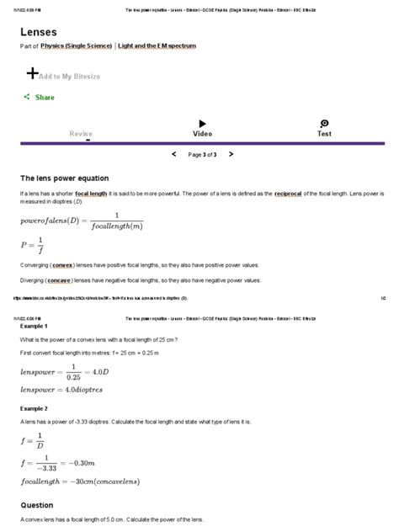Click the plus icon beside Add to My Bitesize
click(x=33, y=72)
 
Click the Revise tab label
click(x=81, y=134)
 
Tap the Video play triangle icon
click(x=202, y=124)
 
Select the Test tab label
click(x=324, y=134)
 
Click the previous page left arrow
click(x=174, y=155)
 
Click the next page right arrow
click(x=231, y=155)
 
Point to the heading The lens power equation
click(x=64, y=178)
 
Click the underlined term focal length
click(x=91, y=194)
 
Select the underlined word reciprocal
click(x=291, y=194)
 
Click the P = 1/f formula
click(x=31, y=245)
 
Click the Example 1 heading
click(x=35, y=325)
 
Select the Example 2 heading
click(x=35, y=407)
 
